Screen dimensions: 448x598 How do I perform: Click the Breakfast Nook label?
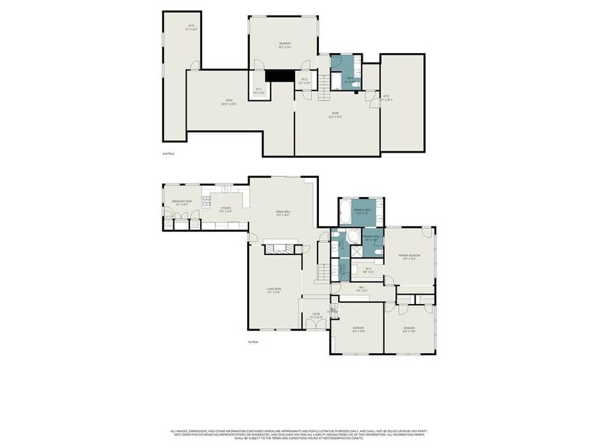click(x=182, y=202)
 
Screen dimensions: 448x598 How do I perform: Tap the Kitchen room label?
click(x=226, y=209)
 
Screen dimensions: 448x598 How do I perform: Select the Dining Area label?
click(x=284, y=213)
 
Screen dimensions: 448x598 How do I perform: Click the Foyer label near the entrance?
click(x=316, y=317)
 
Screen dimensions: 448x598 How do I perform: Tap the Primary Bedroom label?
click(x=410, y=256)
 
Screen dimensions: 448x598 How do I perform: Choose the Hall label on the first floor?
click(x=361, y=289)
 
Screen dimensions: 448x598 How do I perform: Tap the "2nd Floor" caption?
click(x=168, y=153)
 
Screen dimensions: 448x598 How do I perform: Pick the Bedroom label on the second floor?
click(x=284, y=44)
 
